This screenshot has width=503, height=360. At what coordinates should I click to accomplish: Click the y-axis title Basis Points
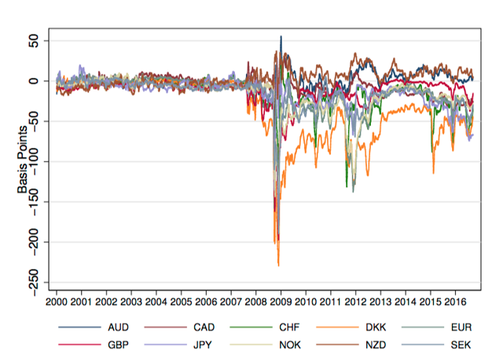[24, 160]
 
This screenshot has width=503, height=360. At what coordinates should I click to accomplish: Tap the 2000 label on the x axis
[57, 302]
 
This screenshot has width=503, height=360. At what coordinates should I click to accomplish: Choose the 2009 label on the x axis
[280, 302]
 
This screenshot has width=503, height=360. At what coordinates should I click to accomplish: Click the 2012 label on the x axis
[354, 302]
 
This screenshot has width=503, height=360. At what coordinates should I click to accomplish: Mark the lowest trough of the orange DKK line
[278, 266]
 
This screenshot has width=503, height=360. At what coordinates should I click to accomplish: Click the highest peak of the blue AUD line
[281, 36]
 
